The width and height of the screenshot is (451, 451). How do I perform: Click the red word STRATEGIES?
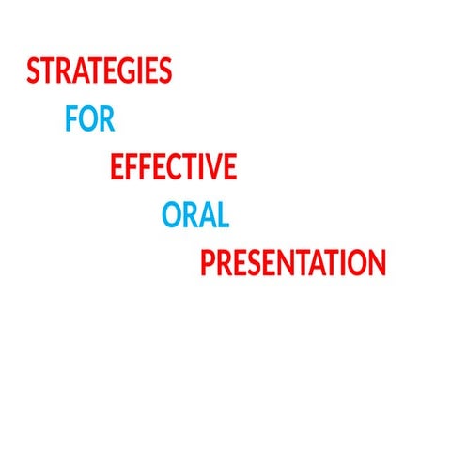[x=100, y=72]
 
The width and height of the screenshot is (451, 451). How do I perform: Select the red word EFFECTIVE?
[x=173, y=167]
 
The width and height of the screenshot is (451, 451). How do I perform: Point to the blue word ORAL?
[x=195, y=215]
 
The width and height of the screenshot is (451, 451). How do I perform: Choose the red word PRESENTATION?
[x=293, y=263]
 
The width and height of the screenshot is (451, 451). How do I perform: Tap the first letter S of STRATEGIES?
[x=34, y=72]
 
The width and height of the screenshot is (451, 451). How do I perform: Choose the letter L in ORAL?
[x=223, y=215]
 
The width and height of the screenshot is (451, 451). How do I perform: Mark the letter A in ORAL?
[x=207, y=215]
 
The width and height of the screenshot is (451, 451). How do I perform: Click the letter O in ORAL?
[x=171, y=215]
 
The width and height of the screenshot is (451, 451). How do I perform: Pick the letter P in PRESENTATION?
[x=209, y=263]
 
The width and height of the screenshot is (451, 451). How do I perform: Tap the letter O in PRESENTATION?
[x=358, y=263]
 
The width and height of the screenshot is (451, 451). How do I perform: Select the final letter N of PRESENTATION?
[x=378, y=263]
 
